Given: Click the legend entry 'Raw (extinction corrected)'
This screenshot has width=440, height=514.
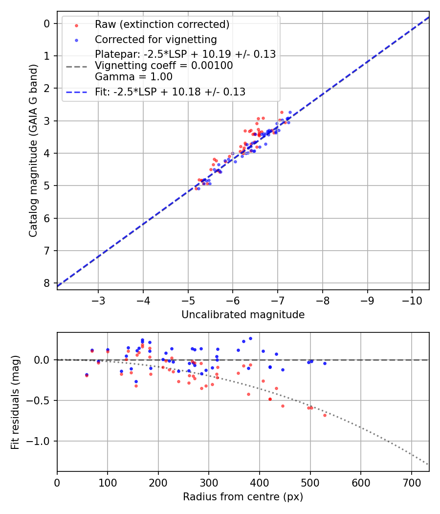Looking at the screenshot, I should pyautogui.click(x=162, y=24).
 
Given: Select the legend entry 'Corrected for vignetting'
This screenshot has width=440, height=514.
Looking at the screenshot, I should pyautogui.click(x=155, y=39).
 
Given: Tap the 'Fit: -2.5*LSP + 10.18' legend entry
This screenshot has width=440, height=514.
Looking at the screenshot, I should pyautogui.click(x=170, y=92).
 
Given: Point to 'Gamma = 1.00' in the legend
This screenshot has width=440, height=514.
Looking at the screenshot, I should pyautogui.click(x=133, y=76).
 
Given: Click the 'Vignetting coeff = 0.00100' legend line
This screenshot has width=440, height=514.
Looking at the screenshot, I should pyautogui.click(x=164, y=66).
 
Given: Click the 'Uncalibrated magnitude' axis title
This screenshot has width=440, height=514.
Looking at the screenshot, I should pyautogui.click(x=243, y=315).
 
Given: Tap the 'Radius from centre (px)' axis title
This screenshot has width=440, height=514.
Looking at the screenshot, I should pyautogui.click(x=243, y=497).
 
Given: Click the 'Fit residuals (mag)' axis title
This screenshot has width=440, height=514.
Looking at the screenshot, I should pyautogui.click(x=15, y=402).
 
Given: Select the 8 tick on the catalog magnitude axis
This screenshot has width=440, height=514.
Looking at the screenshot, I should pyautogui.click(x=47, y=283).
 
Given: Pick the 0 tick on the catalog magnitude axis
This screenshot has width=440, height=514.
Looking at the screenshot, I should pyautogui.click(x=47, y=23).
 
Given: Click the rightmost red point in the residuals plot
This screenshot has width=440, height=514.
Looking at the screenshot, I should pyautogui.click(x=325, y=415).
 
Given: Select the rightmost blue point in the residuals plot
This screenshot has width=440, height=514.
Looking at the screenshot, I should pyautogui.click(x=325, y=363).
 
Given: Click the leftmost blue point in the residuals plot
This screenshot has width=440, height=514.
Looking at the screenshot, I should pyautogui.click(x=87, y=374).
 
